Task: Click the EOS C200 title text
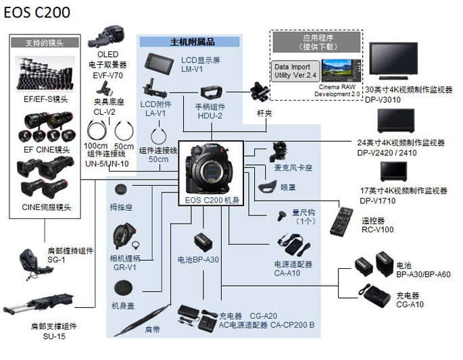tap(36, 13)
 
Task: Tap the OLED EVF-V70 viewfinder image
tap(107, 37)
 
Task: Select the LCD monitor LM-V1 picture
tap(160, 65)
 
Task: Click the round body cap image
tap(124, 288)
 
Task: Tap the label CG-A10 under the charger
tap(410, 305)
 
